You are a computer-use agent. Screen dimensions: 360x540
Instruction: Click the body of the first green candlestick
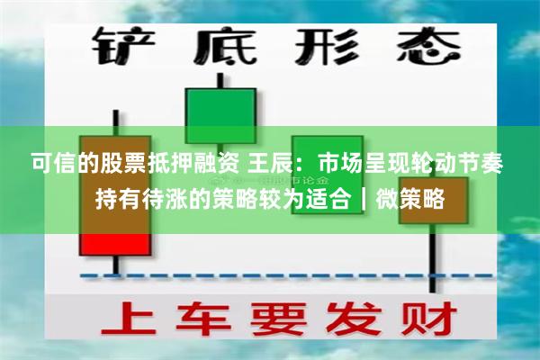pos(219,117)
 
